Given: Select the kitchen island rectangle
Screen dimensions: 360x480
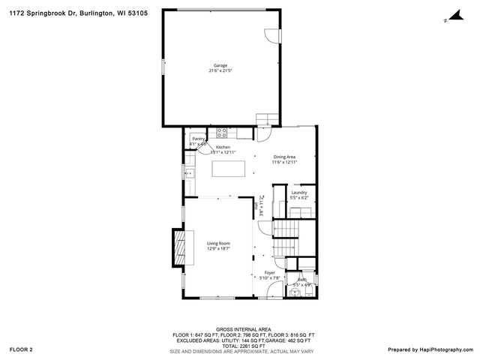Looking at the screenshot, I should pos(229,169).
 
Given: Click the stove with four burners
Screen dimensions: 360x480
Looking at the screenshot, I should pos(222,133).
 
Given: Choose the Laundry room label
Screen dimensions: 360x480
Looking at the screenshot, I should pos(299,193).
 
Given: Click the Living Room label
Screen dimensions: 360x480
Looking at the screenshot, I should pos(218,244).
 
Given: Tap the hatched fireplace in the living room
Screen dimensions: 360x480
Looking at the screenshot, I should pos(178,247).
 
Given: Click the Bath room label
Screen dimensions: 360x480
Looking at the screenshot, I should pos(301,281).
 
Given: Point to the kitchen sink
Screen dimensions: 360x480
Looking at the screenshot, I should pos(190,172).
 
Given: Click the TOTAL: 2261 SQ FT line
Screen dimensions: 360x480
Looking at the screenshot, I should pos(239,346).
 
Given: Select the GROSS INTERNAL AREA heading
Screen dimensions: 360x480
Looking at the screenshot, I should pos(239,329).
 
